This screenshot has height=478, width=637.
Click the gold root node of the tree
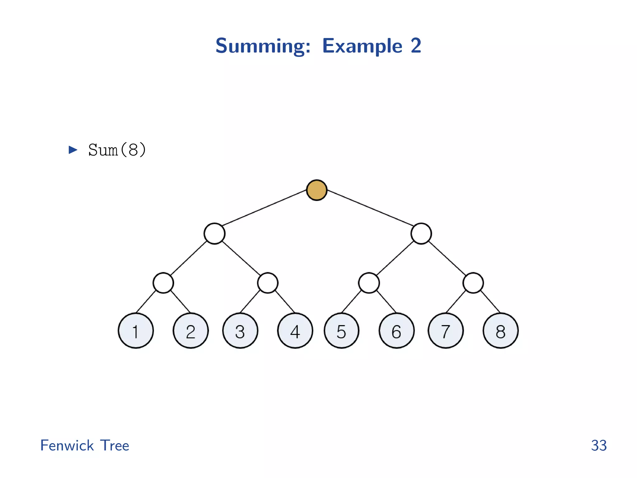[317, 190]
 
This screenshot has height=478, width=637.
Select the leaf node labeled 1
[136, 330]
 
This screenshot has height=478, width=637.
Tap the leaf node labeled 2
[191, 330]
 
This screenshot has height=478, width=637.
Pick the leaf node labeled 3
[240, 330]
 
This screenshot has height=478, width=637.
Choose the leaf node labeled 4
[295, 330]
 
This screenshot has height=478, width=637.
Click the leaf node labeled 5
[342, 330]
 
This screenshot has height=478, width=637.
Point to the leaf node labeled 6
[397, 330]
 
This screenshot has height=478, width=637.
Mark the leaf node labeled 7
[446, 330]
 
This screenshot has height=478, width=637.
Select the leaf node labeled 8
[500, 330]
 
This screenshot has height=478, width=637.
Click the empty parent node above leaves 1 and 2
[163, 283]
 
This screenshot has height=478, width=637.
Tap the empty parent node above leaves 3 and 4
[268, 283]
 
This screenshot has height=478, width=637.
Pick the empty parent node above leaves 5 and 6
[369, 283]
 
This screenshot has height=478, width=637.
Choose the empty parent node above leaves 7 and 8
[473, 283]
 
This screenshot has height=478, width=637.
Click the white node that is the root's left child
[215, 233]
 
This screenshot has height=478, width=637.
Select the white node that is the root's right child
[421, 233]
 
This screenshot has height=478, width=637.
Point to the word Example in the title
[362, 46]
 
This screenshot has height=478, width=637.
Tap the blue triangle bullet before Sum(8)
[73, 150]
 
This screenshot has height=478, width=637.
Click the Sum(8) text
[117, 150]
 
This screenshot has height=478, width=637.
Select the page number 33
[599, 445]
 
